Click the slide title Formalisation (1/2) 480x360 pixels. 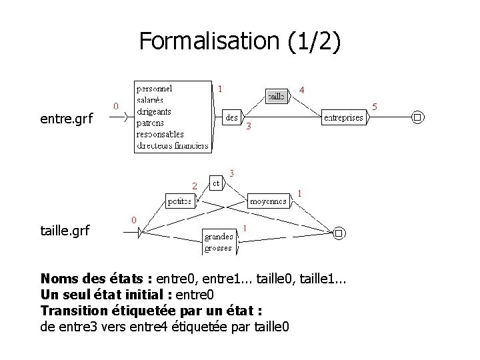[x=240, y=41]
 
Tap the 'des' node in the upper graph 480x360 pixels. [x=232, y=117]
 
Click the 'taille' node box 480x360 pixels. [x=276, y=96]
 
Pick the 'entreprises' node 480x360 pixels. [x=343, y=118]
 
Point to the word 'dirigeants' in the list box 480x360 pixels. [x=154, y=111]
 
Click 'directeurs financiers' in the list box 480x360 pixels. [x=173, y=145]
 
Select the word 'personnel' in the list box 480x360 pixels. [x=155, y=88]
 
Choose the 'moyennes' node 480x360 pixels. [x=269, y=200]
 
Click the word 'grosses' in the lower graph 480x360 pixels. [x=219, y=248]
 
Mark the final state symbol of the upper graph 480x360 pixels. [x=417, y=118]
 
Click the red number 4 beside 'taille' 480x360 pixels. [x=302, y=89]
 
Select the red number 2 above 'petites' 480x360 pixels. [x=194, y=185]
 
